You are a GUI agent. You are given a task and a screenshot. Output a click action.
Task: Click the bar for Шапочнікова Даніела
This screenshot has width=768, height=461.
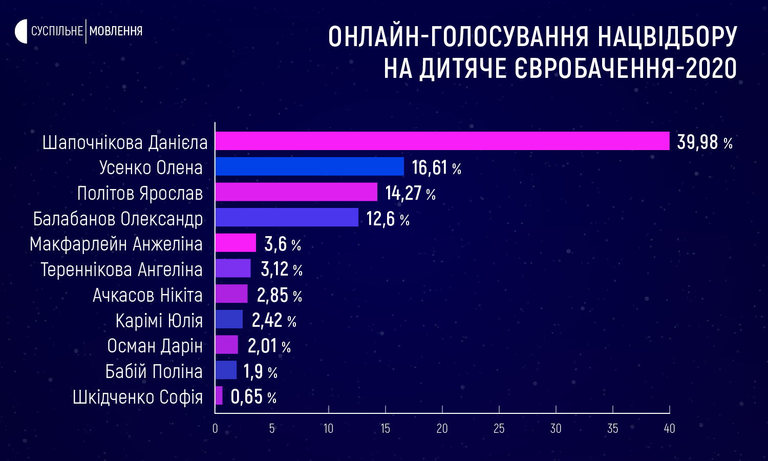coord(442,141)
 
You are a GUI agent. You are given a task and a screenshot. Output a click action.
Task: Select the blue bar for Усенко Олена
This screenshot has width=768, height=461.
coord(309,166)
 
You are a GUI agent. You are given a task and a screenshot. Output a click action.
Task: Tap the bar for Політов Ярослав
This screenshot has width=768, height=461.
coord(296,192)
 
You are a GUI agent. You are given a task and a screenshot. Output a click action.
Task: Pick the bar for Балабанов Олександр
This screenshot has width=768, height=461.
coord(287,217)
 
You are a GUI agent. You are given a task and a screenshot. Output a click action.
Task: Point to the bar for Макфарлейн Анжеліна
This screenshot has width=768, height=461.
coord(236,243)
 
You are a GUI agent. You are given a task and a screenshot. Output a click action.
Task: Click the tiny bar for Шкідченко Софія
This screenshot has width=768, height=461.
coord(219,395)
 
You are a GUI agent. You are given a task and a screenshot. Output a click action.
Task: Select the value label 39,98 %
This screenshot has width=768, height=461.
coord(705,142)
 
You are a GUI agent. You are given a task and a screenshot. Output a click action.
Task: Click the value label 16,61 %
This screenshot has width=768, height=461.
coord(436,167)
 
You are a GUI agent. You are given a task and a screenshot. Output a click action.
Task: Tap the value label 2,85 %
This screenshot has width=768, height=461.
coord(279,295)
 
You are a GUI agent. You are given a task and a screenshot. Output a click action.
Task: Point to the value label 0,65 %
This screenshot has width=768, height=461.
coord(253,397)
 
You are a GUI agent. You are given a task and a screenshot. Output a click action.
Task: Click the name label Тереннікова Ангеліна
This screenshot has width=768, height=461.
coord(122,269)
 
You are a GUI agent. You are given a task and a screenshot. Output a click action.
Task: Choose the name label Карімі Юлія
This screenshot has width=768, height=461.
coord(159,321)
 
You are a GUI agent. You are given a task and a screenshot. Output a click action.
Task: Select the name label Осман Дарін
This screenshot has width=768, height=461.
coord(155,346)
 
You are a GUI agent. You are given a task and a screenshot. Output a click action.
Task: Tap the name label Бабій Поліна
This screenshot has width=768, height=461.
coord(154,371)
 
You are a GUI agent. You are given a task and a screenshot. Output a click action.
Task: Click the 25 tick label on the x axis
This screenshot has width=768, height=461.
coord(499,428)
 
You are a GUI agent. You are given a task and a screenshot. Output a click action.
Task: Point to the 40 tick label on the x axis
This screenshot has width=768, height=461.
coord(669,428)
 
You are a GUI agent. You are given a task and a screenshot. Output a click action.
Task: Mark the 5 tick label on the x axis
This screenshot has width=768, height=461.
coord(272,428)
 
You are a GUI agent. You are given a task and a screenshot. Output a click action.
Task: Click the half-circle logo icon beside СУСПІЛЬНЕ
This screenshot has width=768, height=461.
coord(21,31)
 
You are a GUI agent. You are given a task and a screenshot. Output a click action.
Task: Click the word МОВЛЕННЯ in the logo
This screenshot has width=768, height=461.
coord(116,31)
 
